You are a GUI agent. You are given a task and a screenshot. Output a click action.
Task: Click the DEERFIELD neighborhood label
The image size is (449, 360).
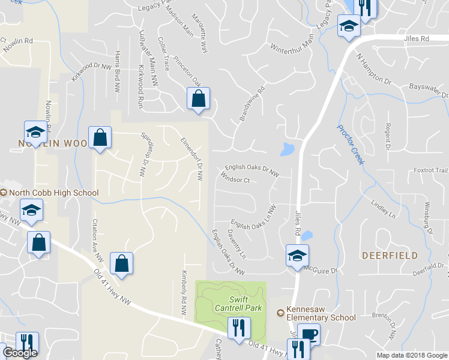coord(389,255)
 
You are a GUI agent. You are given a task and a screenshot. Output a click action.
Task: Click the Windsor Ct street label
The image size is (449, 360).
coord(235,179)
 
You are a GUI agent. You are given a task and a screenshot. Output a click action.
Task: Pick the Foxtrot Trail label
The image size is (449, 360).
coord(430,170)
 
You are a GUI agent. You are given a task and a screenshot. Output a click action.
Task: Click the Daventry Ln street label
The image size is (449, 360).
coord(237,244)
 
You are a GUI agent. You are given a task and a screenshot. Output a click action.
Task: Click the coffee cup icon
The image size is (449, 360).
coord(309,334)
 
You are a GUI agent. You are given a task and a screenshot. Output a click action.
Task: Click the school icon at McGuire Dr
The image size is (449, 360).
coord(297,256)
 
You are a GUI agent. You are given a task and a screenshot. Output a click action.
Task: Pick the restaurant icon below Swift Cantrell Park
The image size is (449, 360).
coord(239,328)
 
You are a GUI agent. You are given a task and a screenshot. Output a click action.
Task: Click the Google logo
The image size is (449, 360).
coord(20,353)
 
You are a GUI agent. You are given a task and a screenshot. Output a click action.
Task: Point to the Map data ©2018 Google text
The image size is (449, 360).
coord(411,355)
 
